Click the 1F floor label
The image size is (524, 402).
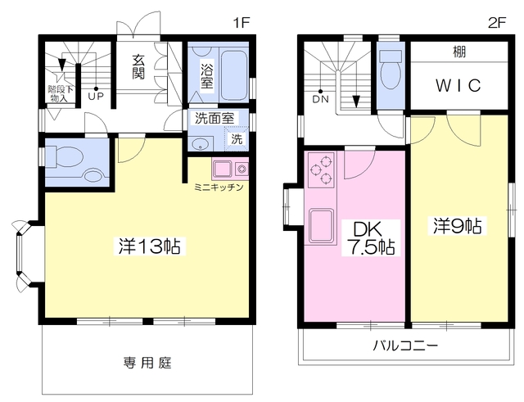tap(242, 23)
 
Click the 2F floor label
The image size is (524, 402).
tap(497, 23)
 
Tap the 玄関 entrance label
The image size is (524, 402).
tap(138, 67)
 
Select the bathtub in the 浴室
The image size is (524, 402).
tap(234, 75)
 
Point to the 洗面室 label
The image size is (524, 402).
tap(215, 118)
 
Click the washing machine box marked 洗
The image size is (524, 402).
tap(237, 138)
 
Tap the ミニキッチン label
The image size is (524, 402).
tap(219, 187)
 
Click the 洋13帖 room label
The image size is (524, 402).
tap(149, 246)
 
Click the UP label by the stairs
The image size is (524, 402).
tap(96, 97)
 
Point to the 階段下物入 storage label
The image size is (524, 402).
tap(59, 94)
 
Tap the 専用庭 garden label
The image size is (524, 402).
tap(147, 362)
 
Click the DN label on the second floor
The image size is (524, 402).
tap(320, 99)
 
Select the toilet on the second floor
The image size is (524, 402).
tap(391, 70)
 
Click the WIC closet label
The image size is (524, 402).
tap(458, 85)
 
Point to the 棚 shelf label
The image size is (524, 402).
tap(459, 52)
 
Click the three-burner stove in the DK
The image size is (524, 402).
tap(321, 170)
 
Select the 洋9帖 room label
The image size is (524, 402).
tap(457, 226)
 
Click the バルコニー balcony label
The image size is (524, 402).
tap(405, 346)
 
